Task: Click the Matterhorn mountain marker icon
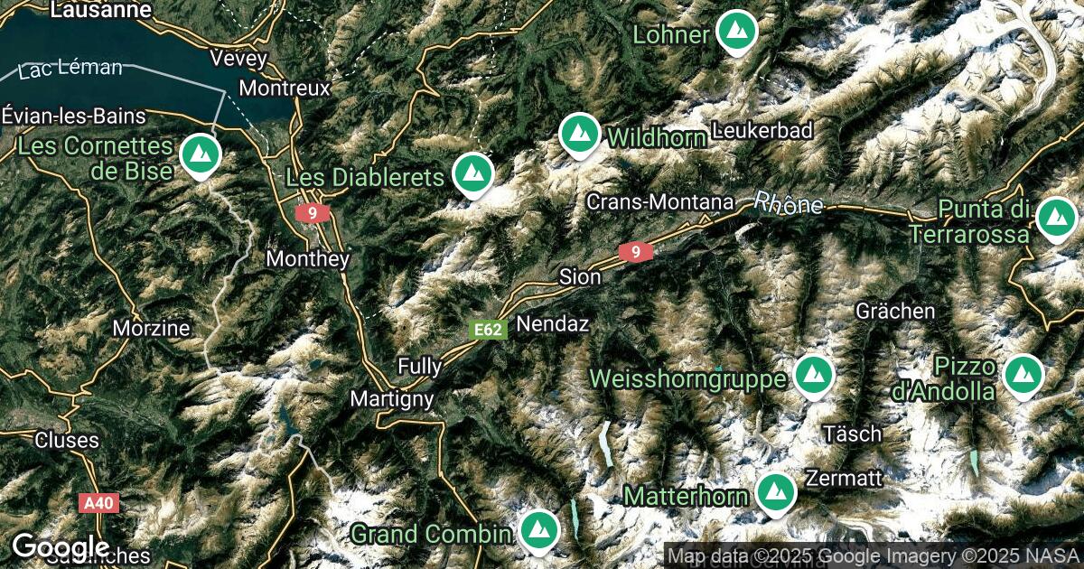click(775, 492)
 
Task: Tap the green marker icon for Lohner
click(737, 31)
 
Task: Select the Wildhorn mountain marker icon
click(579, 135)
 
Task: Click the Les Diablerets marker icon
click(472, 173)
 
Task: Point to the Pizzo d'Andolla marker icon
click(1023, 374)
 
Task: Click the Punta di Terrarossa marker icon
click(1052, 218)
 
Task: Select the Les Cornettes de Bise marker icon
click(199, 154)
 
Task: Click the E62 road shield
click(489, 331)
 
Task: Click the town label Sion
click(580, 277)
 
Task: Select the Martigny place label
click(392, 398)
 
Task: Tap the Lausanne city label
click(101, 10)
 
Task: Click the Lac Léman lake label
click(70, 69)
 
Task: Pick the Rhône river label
click(789, 203)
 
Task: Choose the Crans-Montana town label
click(659, 202)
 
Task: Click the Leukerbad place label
click(762, 130)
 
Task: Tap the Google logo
click(61, 547)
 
